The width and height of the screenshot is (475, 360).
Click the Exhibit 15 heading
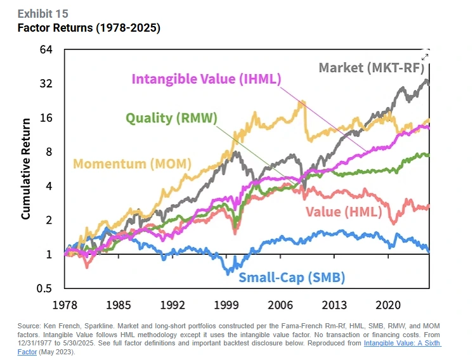(43, 14)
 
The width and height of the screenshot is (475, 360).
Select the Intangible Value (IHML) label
(206, 79)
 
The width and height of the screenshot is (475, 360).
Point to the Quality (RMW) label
(171, 118)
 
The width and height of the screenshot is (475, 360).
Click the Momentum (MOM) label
(132, 164)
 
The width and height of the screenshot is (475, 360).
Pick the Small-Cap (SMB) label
(292, 276)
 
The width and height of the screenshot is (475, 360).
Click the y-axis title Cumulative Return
(26, 169)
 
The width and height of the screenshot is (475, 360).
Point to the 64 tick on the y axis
(46, 50)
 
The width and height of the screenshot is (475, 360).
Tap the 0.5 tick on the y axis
(43, 288)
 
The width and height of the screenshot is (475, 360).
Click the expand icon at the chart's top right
(425, 56)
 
